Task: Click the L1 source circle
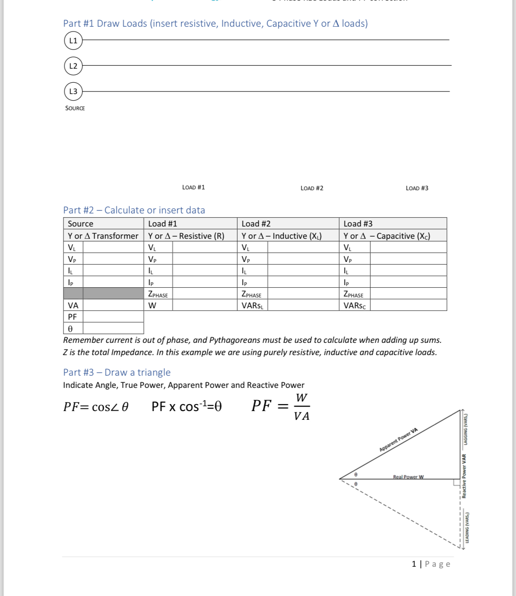[73, 40]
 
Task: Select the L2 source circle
[73, 66]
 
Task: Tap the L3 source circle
[73, 91]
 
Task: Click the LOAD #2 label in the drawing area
[312, 188]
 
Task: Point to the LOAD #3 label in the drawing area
[417, 188]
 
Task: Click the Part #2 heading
[134, 210]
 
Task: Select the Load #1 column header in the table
[162, 223]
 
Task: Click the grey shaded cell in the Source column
[104, 293]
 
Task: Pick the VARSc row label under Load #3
[354, 305]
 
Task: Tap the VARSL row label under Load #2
[253, 305]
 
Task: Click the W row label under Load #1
[152, 305]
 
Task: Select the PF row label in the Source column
[72, 317]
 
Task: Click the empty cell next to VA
[113, 305]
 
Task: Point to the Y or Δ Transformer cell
[103, 236]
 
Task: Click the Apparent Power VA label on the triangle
[398, 440]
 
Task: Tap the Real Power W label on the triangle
[408, 477]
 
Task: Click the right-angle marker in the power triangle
[456, 482]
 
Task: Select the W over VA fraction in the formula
[302, 407]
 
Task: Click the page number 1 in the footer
[414, 564]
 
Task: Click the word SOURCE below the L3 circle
[75, 108]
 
